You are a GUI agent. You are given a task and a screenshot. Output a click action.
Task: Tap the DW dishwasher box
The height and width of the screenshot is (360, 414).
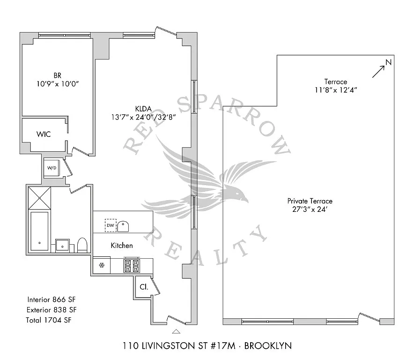[x=111, y=225]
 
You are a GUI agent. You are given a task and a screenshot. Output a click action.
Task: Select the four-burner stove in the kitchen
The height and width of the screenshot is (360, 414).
[x=132, y=266]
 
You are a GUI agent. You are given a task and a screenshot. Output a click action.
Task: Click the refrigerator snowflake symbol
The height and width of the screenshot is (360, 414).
[x=102, y=265]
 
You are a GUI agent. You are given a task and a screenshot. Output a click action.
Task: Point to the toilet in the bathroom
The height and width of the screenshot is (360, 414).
[x=82, y=245]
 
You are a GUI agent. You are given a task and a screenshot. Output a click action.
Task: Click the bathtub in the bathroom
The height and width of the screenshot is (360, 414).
[x=40, y=231]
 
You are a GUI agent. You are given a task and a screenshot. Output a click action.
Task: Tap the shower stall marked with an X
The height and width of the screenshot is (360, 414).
[x=40, y=198]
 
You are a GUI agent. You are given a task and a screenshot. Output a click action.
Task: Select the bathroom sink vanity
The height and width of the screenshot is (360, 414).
[x=63, y=246]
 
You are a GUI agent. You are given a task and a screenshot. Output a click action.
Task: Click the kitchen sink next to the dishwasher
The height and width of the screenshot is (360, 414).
[x=123, y=226]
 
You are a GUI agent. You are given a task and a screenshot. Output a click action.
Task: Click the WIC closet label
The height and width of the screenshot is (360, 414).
[x=44, y=134]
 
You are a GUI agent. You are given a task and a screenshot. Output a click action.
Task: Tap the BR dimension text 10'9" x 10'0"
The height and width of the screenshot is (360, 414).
[x=58, y=84]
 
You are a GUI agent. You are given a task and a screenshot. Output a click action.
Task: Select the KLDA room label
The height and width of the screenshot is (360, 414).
[x=143, y=109]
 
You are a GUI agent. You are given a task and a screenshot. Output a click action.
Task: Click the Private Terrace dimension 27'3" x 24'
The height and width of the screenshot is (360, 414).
[x=310, y=210]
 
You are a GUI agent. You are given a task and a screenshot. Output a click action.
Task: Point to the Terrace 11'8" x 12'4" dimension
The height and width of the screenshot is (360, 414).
[x=336, y=90]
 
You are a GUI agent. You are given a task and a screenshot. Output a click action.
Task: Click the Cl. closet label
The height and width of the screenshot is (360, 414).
[x=144, y=287]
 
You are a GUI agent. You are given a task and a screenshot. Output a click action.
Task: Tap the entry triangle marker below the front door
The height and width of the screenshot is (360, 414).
[x=176, y=331]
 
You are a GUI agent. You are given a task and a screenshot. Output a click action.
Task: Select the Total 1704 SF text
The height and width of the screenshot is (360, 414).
[x=49, y=320]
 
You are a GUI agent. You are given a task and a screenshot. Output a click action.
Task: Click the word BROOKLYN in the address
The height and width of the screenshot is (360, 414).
[x=268, y=346]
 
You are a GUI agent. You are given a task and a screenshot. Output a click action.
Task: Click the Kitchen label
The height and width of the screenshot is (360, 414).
[x=122, y=246]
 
